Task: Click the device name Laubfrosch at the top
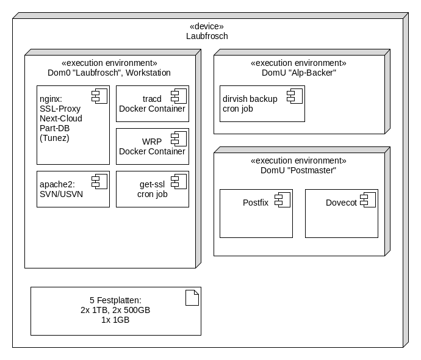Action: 207,36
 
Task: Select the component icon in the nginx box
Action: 99,95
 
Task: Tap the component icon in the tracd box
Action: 178,95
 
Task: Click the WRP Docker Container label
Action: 152,146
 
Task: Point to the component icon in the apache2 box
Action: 99,180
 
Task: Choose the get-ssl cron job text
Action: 152,189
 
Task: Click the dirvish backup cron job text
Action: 250,104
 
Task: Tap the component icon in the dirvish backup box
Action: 294,95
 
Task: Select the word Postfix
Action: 256,203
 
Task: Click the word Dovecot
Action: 341,203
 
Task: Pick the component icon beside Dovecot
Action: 367,198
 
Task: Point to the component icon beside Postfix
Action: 282,198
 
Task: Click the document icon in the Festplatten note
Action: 192,298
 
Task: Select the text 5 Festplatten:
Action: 115,300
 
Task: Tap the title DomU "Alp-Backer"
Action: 298,73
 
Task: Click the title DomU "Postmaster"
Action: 298,170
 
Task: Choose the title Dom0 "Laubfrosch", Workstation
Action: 109,73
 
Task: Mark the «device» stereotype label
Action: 207,26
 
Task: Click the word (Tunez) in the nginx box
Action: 54,138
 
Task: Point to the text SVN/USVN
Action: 60,194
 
